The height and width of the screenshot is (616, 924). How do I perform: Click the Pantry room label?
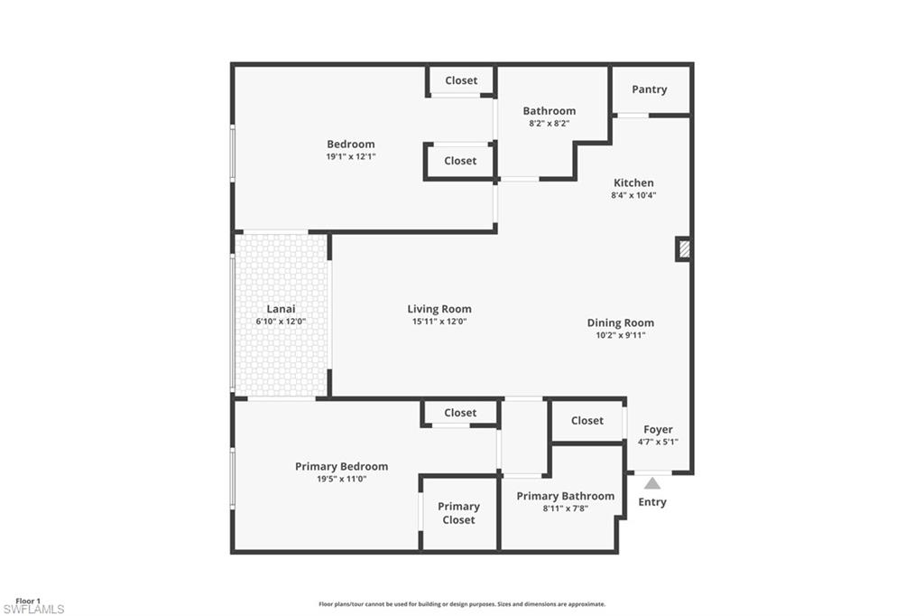pos(650,89)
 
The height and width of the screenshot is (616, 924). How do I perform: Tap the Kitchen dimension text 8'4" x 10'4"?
pos(633,195)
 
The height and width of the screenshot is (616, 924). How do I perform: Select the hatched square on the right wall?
pos(684,249)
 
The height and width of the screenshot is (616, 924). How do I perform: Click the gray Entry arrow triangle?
pos(651,483)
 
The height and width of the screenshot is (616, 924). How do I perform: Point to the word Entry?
pos(652,502)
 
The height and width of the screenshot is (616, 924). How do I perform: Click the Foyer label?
pos(658,430)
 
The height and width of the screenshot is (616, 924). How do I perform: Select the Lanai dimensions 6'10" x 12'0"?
pos(281,322)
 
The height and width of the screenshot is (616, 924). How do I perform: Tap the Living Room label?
pos(439,309)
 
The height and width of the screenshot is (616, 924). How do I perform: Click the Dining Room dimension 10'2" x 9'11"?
pos(621,335)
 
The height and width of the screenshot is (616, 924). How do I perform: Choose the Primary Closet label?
pos(458,513)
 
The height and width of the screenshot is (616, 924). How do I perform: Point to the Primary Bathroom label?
pos(566,496)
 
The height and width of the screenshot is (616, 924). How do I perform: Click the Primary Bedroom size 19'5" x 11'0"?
pos(342,479)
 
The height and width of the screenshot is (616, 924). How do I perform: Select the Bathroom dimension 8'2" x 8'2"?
pos(550,124)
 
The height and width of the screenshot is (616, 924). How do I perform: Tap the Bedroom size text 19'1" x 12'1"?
pos(351,157)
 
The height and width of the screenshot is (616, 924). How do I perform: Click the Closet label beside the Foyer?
pos(587,421)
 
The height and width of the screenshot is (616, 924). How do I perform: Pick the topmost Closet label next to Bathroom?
pos(461,80)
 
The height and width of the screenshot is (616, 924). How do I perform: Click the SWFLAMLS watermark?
pos(33,609)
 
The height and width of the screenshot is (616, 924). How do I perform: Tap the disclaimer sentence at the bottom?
pos(462,604)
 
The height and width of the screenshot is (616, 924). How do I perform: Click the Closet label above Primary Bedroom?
pos(460,413)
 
